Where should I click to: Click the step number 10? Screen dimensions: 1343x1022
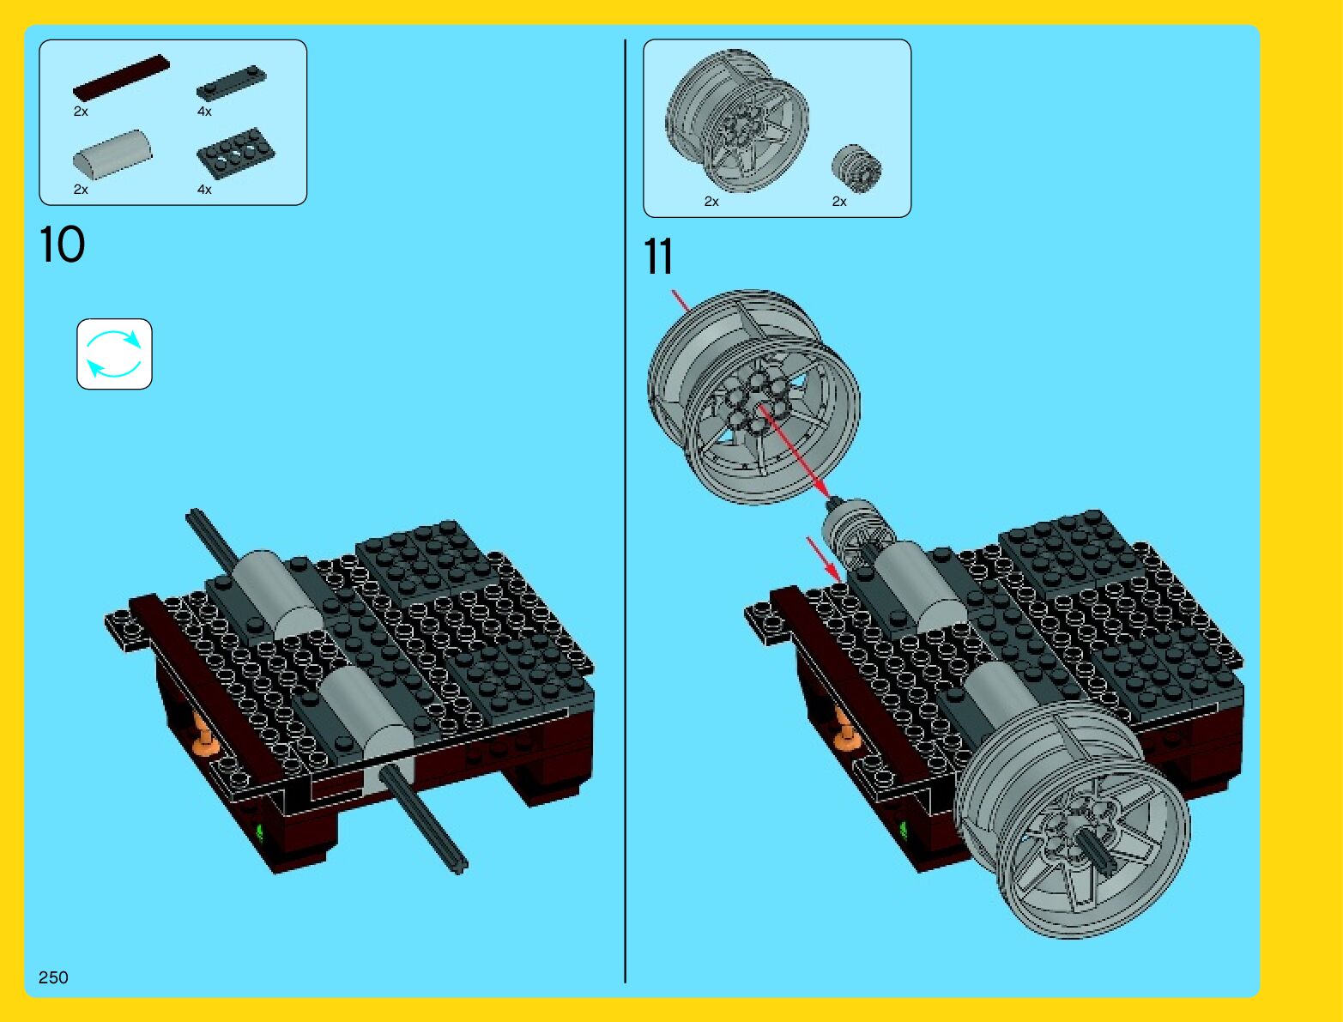click(x=62, y=244)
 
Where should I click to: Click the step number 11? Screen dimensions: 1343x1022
click(x=658, y=257)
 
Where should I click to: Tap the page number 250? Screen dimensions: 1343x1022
click(x=53, y=977)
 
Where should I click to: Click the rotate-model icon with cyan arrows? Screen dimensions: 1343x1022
click(x=114, y=354)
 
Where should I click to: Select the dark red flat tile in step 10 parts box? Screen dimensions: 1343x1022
click(x=121, y=76)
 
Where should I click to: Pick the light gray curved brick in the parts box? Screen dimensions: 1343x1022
click(x=112, y=154)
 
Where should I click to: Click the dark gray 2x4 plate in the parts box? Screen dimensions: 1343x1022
click(x=235, y=154)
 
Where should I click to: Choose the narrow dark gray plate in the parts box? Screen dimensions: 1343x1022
click(x=232, y=82)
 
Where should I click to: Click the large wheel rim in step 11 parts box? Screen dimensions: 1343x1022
click(x=737, y=121)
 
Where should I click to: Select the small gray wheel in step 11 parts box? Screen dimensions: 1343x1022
click(x=856, y=168)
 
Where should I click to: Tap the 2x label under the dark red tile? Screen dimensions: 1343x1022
click(x=81, y=112)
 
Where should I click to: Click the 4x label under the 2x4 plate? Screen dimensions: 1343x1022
click(x=204, y=190)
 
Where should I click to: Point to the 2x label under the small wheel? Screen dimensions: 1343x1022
click(x=839, y=201)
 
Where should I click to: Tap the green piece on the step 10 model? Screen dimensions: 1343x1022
click(x=259, y=832)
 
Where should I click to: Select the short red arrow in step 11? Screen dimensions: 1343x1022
click(x=823, y=559)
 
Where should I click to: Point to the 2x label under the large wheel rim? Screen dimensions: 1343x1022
click(x=711, y=201)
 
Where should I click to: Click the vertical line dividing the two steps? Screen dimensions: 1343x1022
click(x=625, y=511)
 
